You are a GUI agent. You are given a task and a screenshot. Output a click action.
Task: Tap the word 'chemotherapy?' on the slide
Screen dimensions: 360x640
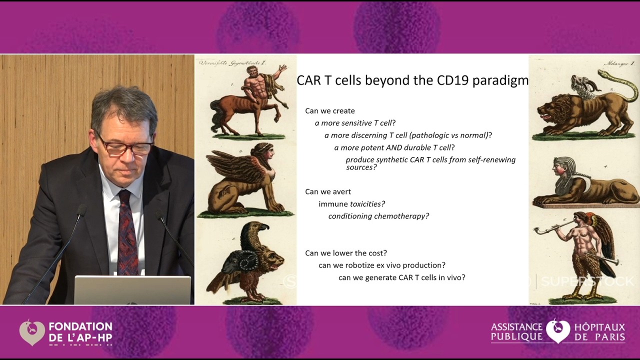pyautogui.click(x=405, y=216)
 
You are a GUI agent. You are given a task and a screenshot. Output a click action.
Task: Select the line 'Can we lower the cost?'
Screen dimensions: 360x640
pyautogui.click(x=346, y=253)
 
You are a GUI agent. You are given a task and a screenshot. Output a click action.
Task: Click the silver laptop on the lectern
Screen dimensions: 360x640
pyautogui.click(x=132, y=290)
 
